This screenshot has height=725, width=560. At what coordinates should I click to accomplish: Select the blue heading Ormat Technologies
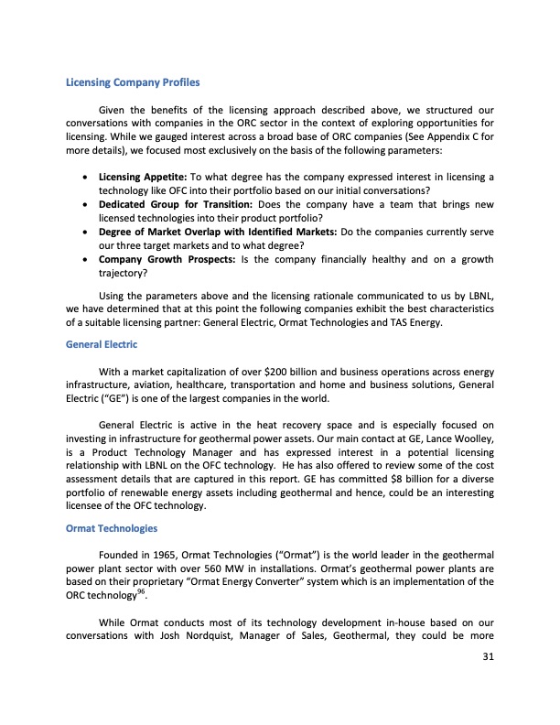point(112,528)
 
